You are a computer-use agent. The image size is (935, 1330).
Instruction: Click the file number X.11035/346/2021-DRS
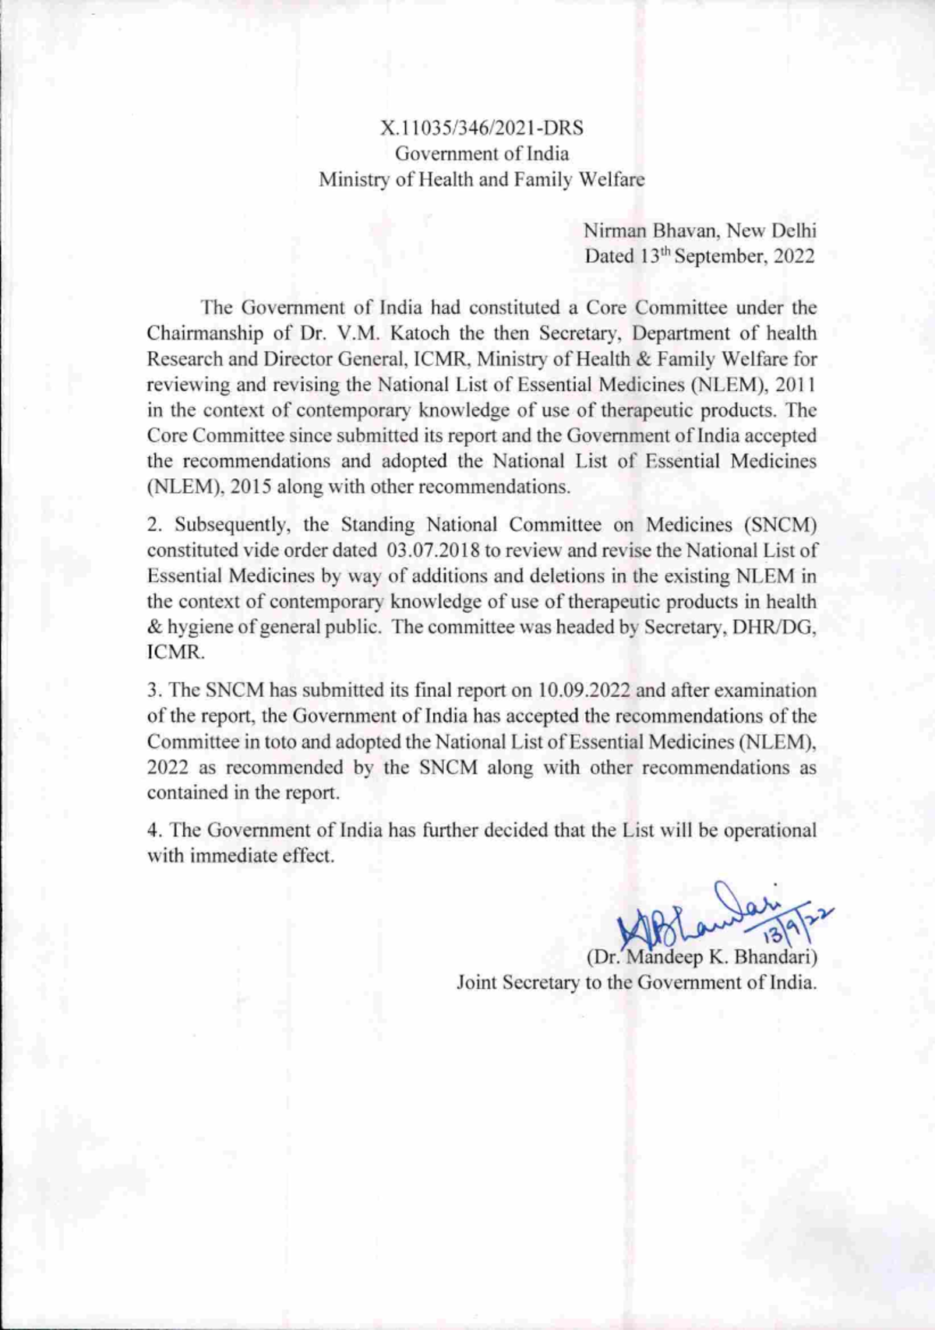point(482,128)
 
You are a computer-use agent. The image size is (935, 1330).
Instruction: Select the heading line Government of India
point(482,153)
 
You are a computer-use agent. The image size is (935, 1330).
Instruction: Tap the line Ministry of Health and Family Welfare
point(482,180)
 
